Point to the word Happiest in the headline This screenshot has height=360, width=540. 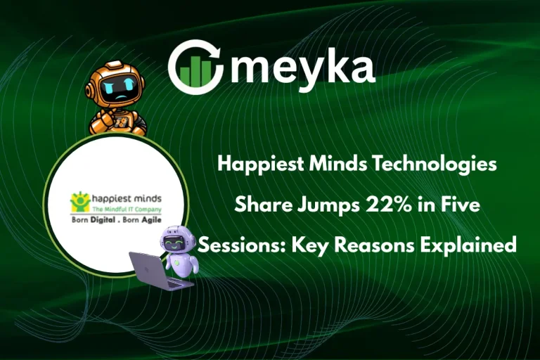pyautogui.click(x=252, y=165)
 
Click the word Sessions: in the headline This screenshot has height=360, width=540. pyautogui.click(x=232, y=245)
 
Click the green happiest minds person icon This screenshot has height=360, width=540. pyautogui.click(x=77, y=202)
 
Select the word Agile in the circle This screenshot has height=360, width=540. pyautogui.click(x=159, y=219)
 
